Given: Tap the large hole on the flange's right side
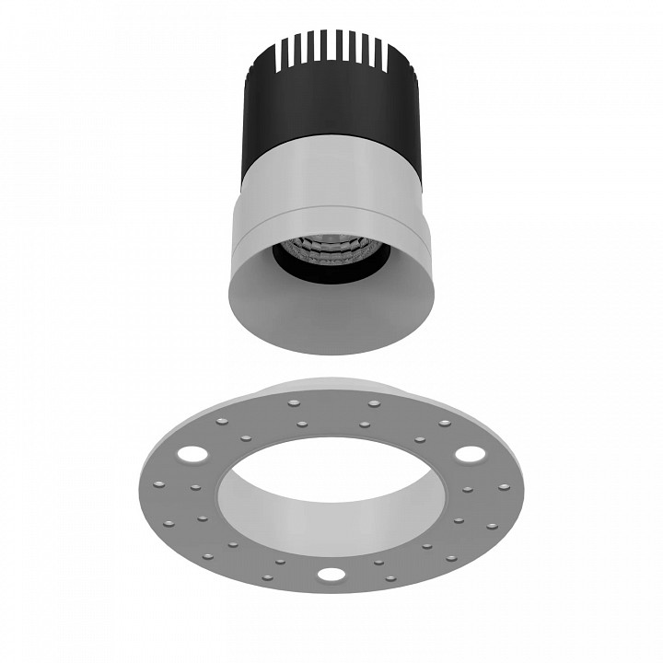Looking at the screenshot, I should click(x=469, y=454).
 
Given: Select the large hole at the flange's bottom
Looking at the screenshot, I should click(x=330, y=576).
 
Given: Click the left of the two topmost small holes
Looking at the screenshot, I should click(x=293, y=402).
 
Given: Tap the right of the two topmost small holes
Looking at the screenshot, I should click(x=373, y=402).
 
